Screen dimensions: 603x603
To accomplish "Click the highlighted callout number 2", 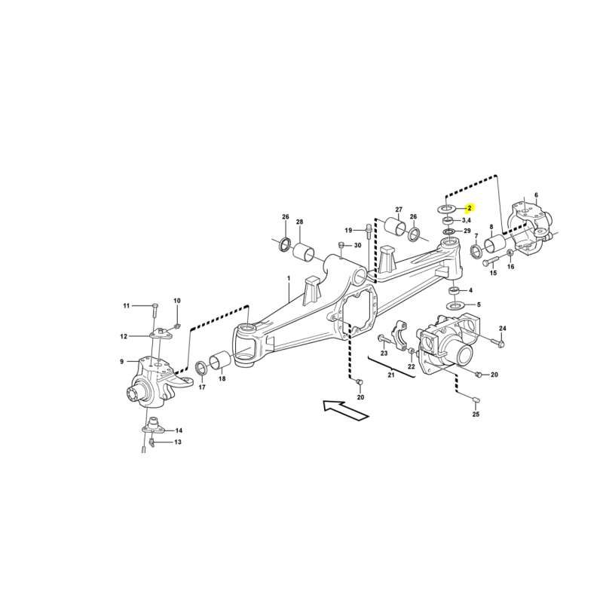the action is (x=469, y=209).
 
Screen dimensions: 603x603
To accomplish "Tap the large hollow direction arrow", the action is (x=345, y=410).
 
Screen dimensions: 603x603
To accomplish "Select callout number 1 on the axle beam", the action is (x=289, y=278).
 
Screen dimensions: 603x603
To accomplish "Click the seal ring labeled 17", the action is (x=201, y=368).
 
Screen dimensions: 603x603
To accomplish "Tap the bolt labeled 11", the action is (x=154, y=310).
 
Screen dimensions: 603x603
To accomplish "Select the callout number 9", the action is (x=122, y=362).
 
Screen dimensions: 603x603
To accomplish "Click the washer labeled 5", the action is (x=455, y=305).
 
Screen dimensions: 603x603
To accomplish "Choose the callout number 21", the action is (x=391, y=375).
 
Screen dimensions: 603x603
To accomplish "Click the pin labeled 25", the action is (x=476, y=399).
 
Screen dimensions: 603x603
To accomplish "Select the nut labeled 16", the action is (x=510, y=253).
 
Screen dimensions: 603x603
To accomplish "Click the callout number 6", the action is (x=537, y=195).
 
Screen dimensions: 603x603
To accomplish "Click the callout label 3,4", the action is (x=466, y=220).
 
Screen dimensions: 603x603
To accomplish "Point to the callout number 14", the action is (x=179, y=430).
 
